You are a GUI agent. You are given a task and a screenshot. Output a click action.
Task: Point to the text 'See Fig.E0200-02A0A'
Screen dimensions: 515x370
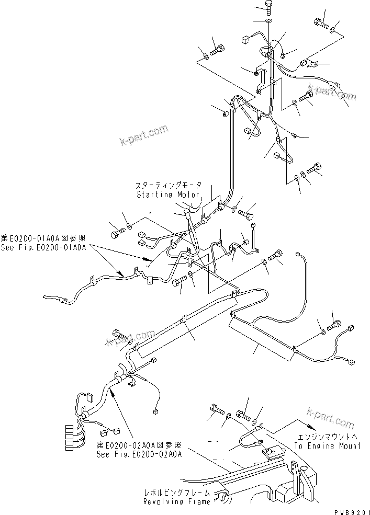[139, 454]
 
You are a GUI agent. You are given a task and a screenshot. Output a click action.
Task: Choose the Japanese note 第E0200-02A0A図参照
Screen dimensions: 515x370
[139, 445]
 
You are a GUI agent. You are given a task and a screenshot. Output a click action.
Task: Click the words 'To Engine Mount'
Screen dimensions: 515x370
[327, 446]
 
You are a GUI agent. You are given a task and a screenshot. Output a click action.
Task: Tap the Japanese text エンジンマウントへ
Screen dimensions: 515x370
[328, 437]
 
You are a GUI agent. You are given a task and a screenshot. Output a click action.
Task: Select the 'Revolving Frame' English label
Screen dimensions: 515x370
[177, 501]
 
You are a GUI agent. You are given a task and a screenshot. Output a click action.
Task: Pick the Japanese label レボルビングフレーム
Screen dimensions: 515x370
[177, 493]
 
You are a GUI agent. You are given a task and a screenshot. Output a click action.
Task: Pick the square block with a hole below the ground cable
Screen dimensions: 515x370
[270, 450]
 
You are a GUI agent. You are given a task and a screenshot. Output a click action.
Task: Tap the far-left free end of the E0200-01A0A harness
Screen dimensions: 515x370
[46, 297]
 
